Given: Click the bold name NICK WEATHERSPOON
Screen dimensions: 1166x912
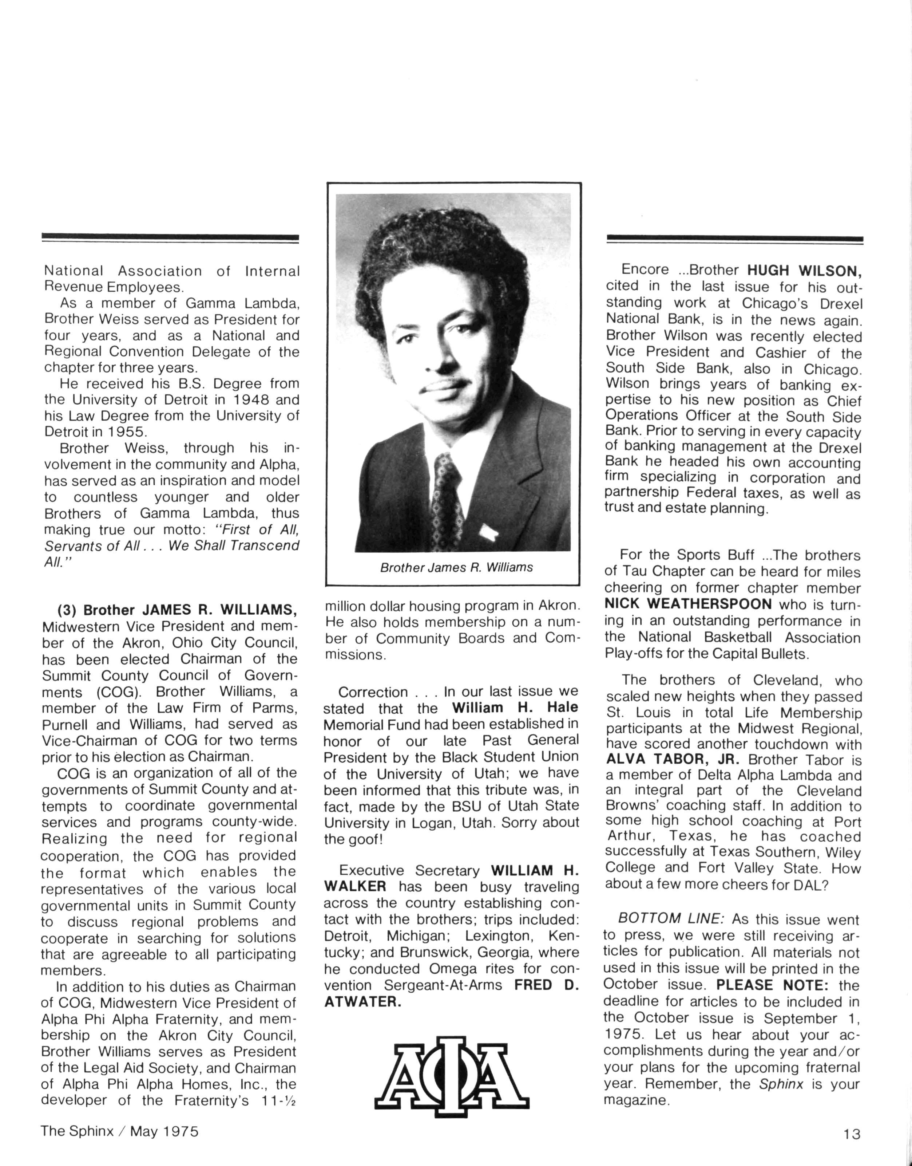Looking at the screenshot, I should tap(688, 604).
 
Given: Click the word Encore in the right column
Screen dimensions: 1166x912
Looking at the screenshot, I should tap(645, 270).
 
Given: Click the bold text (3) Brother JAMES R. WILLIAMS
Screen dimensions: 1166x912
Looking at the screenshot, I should tap(176, 610).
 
